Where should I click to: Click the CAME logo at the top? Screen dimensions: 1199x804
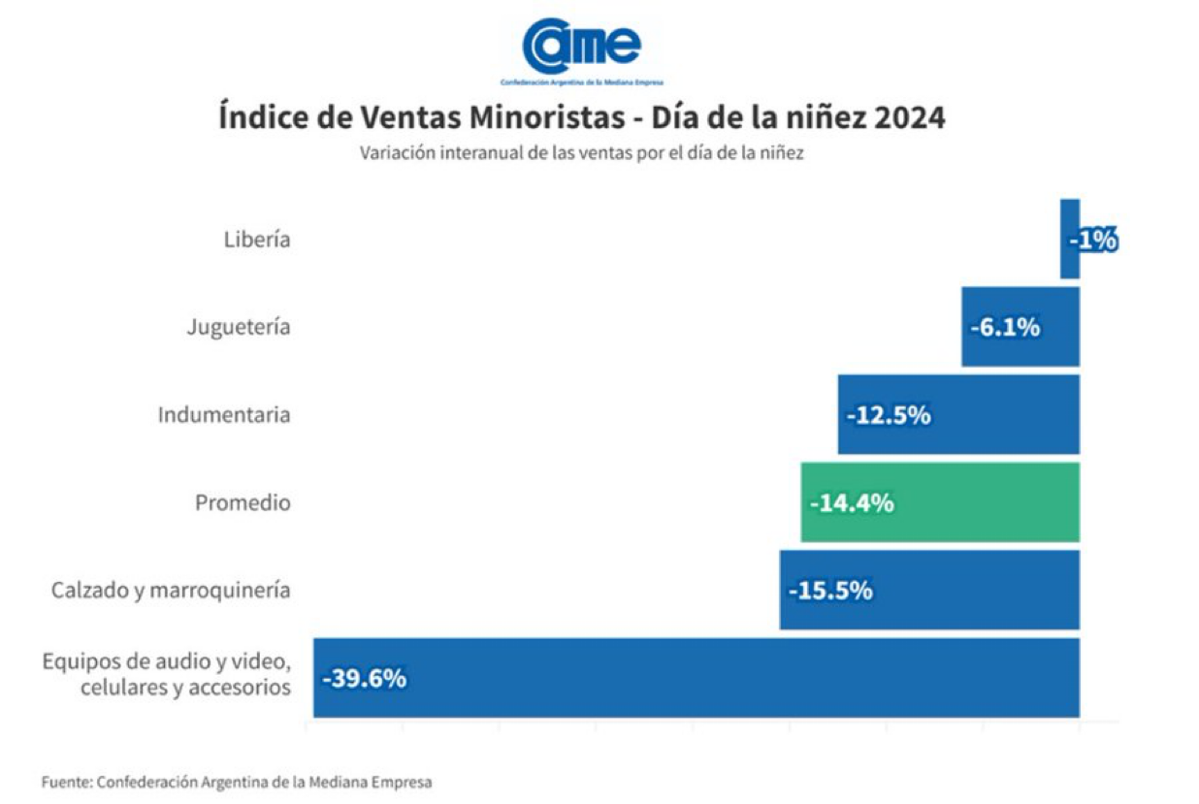(x=582, y=51)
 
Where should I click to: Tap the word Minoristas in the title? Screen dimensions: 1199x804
(x=547, y=117)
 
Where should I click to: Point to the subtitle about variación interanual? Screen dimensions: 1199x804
(x=582, y=153)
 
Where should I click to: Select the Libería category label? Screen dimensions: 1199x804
(x=257, y=240)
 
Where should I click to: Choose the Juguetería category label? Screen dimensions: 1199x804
(x=239, y=327)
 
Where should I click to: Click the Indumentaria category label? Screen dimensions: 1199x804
(x=224, y=415)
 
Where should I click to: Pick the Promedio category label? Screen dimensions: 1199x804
(x=243, y=502)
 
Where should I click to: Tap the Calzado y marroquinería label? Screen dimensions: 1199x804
(x=172, y=591)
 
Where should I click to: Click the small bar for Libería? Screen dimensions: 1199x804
(x=1070, y=239)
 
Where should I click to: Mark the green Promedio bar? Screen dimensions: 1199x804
(x=940, y=502)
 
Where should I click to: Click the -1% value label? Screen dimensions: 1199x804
(x=1093, y=240)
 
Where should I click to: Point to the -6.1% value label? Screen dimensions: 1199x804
(x=1005, y=327)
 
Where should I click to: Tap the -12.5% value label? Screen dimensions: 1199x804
(x=889, y=415)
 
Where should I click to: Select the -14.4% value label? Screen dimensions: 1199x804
(x=852, y=503)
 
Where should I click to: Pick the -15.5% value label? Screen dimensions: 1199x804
(x=830, y=591)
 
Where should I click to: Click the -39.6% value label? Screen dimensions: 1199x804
(x=365, y=679)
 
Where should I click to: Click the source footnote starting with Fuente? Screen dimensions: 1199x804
(x=237, y=782)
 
